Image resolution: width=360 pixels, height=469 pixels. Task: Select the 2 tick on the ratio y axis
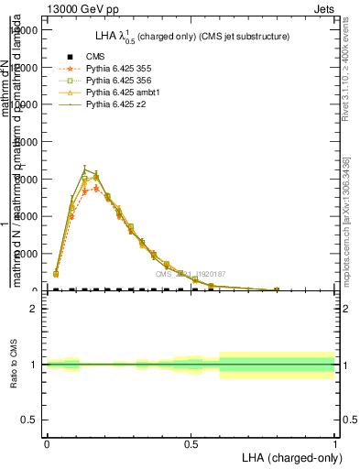(x=33, y=309)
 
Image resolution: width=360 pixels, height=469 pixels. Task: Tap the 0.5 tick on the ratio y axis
(x=28, y=420)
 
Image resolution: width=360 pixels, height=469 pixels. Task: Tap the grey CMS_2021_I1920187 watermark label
(x=191, y=274)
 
